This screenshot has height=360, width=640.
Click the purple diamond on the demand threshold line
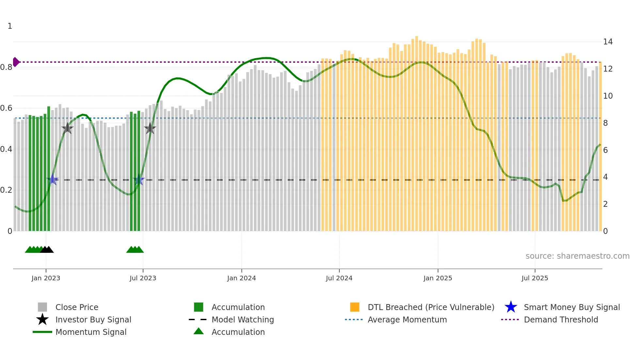point(16,62)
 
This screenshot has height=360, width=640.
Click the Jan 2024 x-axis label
point(241,278)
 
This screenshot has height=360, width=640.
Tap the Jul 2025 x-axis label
point(535,278)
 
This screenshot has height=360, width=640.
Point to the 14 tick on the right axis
point(608,42)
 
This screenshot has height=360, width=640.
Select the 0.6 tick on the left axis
point(6,108)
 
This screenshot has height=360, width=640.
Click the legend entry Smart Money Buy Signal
point(571,307)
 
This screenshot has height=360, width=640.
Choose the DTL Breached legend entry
point(431,307)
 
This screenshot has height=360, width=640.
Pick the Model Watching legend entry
point(242,319)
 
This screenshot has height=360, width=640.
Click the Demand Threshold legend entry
point(561,319)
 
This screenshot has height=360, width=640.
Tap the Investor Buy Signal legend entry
point(93,319)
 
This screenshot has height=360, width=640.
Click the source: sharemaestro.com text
point(577,256)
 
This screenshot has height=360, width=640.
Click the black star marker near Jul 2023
point(150,128)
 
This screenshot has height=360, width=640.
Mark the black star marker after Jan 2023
point(67,128)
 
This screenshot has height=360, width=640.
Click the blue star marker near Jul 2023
point(139,180)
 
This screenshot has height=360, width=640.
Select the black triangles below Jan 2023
point(47,250)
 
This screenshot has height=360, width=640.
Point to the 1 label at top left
point(10,26)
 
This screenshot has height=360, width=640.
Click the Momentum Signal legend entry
point(91,332)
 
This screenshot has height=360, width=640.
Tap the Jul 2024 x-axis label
point(339,278)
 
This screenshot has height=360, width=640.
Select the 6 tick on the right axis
point(605,150)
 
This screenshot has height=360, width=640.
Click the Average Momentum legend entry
point(407,319)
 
